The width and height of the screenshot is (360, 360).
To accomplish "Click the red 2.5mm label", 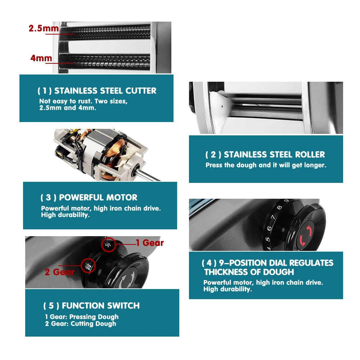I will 44,28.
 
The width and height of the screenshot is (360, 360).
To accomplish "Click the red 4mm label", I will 41,58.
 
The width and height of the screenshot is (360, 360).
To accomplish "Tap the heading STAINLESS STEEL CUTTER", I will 105,91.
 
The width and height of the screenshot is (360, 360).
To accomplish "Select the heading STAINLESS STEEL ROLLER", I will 274,155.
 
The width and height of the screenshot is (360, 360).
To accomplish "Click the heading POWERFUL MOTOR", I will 98,198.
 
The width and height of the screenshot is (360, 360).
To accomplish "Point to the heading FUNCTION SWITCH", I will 100,306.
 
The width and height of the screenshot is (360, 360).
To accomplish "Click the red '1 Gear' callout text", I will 150,243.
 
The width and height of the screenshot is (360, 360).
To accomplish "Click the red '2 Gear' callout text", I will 59,272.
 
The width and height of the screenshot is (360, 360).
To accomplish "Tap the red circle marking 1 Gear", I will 109,244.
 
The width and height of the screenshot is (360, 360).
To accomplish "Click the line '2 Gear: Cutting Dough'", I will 81,324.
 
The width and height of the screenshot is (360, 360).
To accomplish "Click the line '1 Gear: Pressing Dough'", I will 82,317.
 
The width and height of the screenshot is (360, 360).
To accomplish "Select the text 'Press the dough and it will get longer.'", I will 266,165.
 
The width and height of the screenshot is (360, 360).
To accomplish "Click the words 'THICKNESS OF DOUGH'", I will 249,272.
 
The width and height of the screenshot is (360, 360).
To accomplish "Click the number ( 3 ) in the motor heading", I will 48,198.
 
